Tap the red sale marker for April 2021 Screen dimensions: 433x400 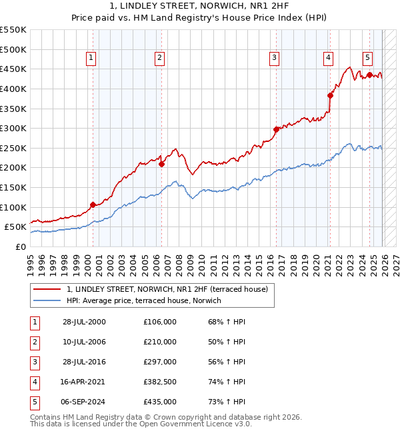click(x=329, y=95)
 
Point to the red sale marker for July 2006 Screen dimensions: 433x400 click(x=161, y=164)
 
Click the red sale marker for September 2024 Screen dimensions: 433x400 click(x=369, y=75)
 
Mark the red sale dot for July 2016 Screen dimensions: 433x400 click(x=276, y=129)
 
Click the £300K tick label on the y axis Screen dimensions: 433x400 click(x=13, y=128)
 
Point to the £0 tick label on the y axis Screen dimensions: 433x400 click(x=21, y=246)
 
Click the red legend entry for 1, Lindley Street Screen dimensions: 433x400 click(x=167, y=289)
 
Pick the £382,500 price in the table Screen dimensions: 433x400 click(x=160, y=382)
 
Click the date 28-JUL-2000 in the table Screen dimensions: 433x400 click(x=84, y=322)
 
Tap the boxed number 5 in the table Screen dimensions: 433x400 click(x=34, y=402)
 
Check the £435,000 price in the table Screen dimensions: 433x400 click(x=160, y=402)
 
